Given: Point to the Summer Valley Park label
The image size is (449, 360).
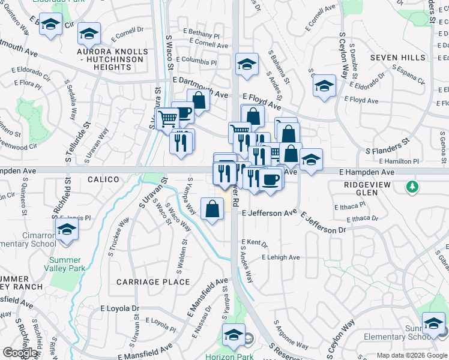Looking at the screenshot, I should click(x=65, y=264).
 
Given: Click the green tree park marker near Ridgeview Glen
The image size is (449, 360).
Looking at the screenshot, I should click(x=412, y=187).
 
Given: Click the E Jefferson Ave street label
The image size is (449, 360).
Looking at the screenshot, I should click(x=270, y=212).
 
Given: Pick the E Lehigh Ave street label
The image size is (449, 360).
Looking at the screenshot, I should click(x=280, y=257).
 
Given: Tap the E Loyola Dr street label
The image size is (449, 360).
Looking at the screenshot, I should click(x=119, y=308).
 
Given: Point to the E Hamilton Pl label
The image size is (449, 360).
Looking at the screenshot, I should click(x=416, y=161).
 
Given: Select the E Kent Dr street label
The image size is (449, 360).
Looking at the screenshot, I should click(x=254, y=244).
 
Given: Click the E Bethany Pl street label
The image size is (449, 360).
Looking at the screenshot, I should click(x=200, y=35).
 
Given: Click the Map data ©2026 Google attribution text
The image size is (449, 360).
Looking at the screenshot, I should click(x=411, y=355).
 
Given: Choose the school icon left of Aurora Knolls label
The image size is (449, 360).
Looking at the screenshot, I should click(x=50, y=25).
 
